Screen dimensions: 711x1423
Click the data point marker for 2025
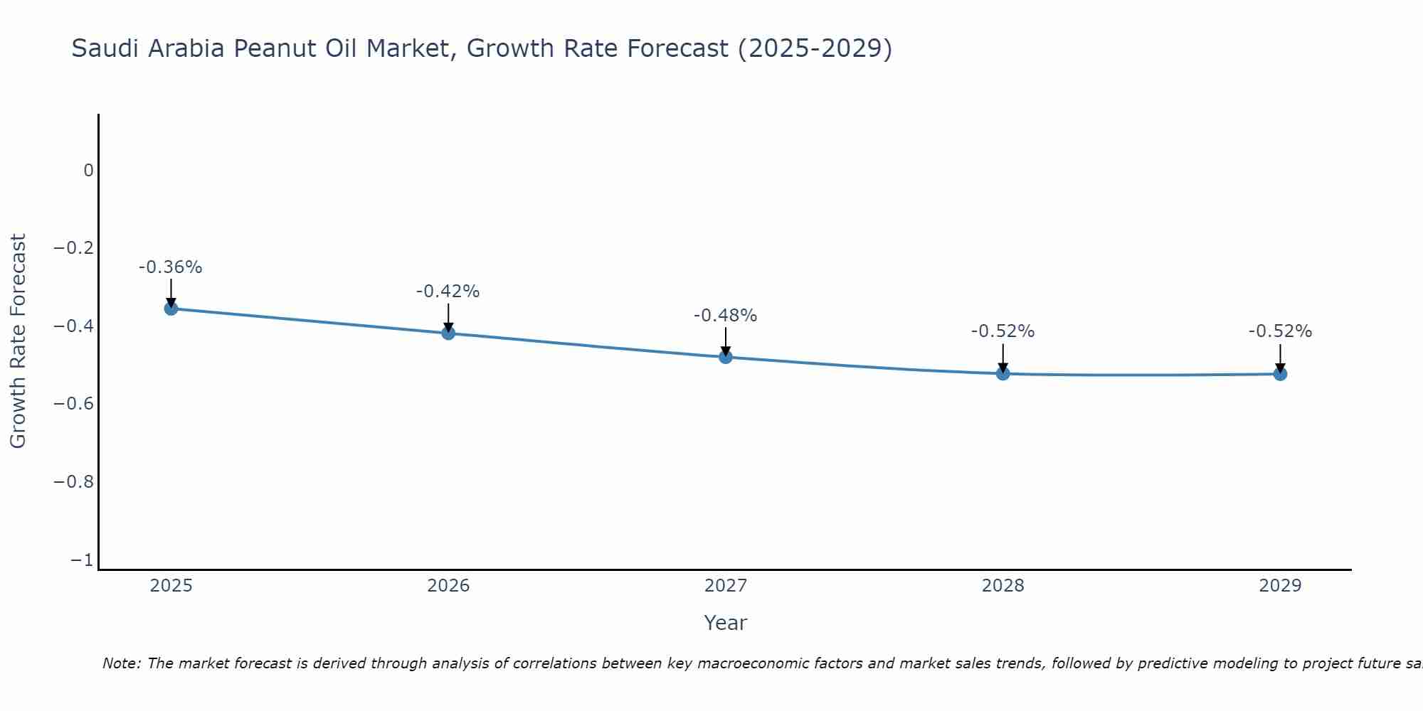(171, 308)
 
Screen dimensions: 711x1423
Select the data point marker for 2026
(448, 332)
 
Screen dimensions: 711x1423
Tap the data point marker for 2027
(726, 356)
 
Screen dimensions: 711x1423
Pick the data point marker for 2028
(1003, 373)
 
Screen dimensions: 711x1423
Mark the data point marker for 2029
(1280, 373)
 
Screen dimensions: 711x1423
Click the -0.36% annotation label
(171, 267)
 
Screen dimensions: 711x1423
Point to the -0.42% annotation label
(448, 292)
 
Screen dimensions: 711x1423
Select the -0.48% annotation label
(726, 316)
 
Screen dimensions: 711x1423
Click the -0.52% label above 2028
(1003, 331)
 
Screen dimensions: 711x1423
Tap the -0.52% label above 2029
(1280, 331)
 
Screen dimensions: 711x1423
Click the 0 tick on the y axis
(88, 171)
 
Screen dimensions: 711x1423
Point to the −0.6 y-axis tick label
(73, 404)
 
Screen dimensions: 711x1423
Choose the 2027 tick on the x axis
(726, 586)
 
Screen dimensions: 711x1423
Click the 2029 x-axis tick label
(1280, 586)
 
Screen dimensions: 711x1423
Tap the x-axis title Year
(726, 623)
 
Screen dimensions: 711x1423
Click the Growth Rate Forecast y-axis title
(18, 341)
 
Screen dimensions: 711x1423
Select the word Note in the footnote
(121, 663)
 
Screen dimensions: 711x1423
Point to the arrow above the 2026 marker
(448, 316)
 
